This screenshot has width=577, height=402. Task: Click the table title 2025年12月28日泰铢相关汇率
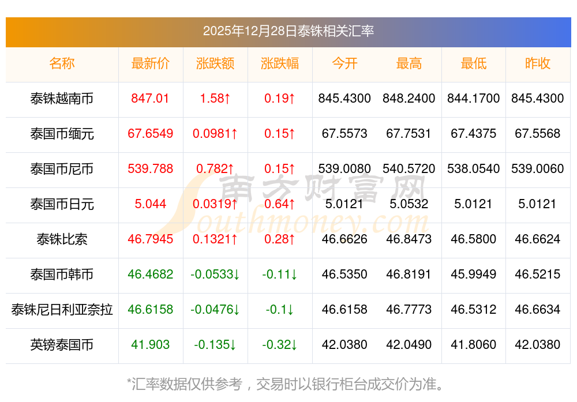pyautogui.click(x=288, y=31)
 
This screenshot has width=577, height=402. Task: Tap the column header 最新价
pyautogui.click(x=150, y=64)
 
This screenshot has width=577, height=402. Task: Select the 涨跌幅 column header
pyautogui.click(x=280, y=64)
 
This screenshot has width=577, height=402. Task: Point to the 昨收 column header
pyautogui.click(x=537, y=64)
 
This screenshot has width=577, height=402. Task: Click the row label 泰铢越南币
pyautogui.click(x=62, y=99)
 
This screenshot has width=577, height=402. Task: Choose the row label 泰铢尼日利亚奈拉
pyautogui.click(x=62, y=310)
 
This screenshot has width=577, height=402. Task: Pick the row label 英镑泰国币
pyautogui.click(x=62, y=345)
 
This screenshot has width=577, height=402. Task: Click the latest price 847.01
pyautogui.click(x=150, y=99)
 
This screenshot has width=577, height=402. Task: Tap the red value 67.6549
pyautogui.click(x=150, y=134)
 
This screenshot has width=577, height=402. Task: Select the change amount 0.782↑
pyautogui.click(x=215, y=169)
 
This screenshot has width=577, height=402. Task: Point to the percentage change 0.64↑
pyautogui.click(x=280, y=204)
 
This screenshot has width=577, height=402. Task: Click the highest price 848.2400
pyautogui.click(x=409, y=99)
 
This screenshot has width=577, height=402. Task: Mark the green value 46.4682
pyautogui.click(x=150, y=275)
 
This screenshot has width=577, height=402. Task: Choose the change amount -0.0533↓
pyautogui.click(x=215, y=275)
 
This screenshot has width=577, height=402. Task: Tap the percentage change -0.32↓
pyautogui.click(x=280, y=345)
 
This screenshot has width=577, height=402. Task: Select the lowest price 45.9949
pyautogui.click(x=473, y=275)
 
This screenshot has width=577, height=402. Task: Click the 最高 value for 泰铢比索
pyautogui.click(x=409, y=239)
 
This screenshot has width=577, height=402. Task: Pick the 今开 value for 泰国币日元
pyautogui.click(x=344, y=204)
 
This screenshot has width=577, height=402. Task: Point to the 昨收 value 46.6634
pyautogui.click(x=537, y=310)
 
